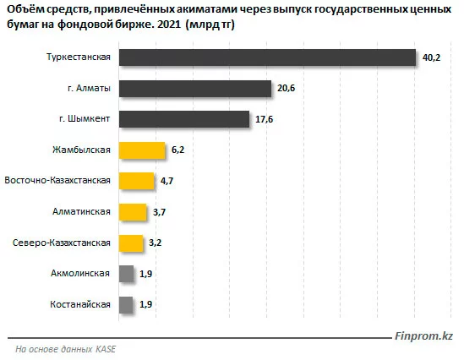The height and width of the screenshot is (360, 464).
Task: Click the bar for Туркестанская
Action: pyautogui.click(x=267, y=57)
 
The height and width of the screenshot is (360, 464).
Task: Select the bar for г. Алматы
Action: pyautogui.click(x=195, y=88)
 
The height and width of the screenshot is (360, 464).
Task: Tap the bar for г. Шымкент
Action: pyautogui.click(x=184, y=119)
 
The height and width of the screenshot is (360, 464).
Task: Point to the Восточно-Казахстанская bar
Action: pyautogui.click(x=136, y=181)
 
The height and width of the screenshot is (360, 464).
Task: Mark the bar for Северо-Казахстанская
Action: pyautogui.click(x=131, y=243)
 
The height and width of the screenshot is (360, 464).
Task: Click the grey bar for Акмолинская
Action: pyautogui.click(x=126, y=274)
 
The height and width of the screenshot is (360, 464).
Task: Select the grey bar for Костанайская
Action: pyautogui.click(x=126, y=305)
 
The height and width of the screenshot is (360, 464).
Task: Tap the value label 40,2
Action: pyautogui.click(x=432, y=58)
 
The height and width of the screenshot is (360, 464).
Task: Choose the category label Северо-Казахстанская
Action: pyautogui.click(x=62, y=243)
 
